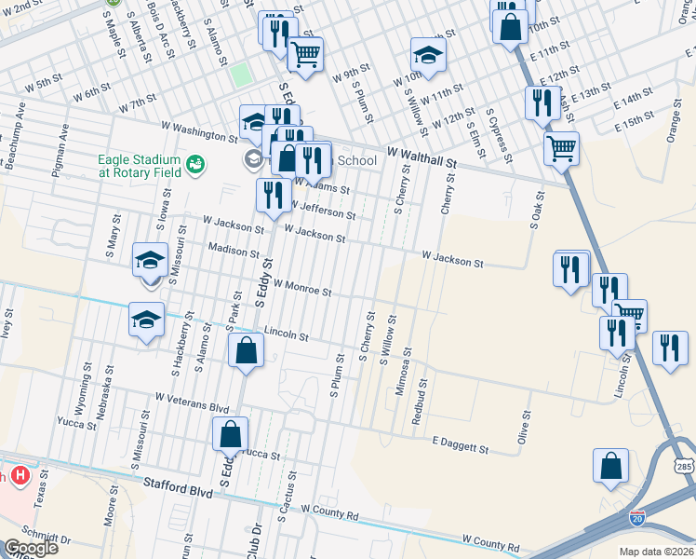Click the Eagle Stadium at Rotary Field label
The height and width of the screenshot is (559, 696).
(139, 165)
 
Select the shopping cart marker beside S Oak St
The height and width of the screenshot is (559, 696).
(561, 147)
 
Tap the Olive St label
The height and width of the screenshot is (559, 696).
(524, 428)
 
